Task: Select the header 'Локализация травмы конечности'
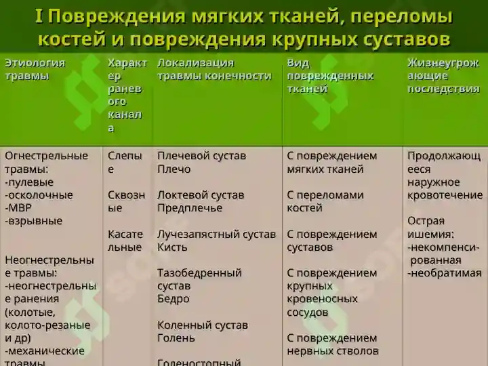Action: point(214,69)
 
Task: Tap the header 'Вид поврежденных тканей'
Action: point(330,76)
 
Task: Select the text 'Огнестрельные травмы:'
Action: point(46,162)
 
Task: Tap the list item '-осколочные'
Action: point(39,195)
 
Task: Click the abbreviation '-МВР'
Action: point(19,208)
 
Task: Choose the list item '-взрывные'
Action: point(33,221)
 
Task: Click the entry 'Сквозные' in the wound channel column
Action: point(126,201)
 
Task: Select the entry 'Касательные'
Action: point(125,241)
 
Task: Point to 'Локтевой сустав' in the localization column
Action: point(200,195)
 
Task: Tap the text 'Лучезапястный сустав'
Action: point(216,235)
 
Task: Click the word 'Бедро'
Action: point(173,299)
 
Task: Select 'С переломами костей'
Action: point(325,201)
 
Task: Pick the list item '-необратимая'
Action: point(444,273)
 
